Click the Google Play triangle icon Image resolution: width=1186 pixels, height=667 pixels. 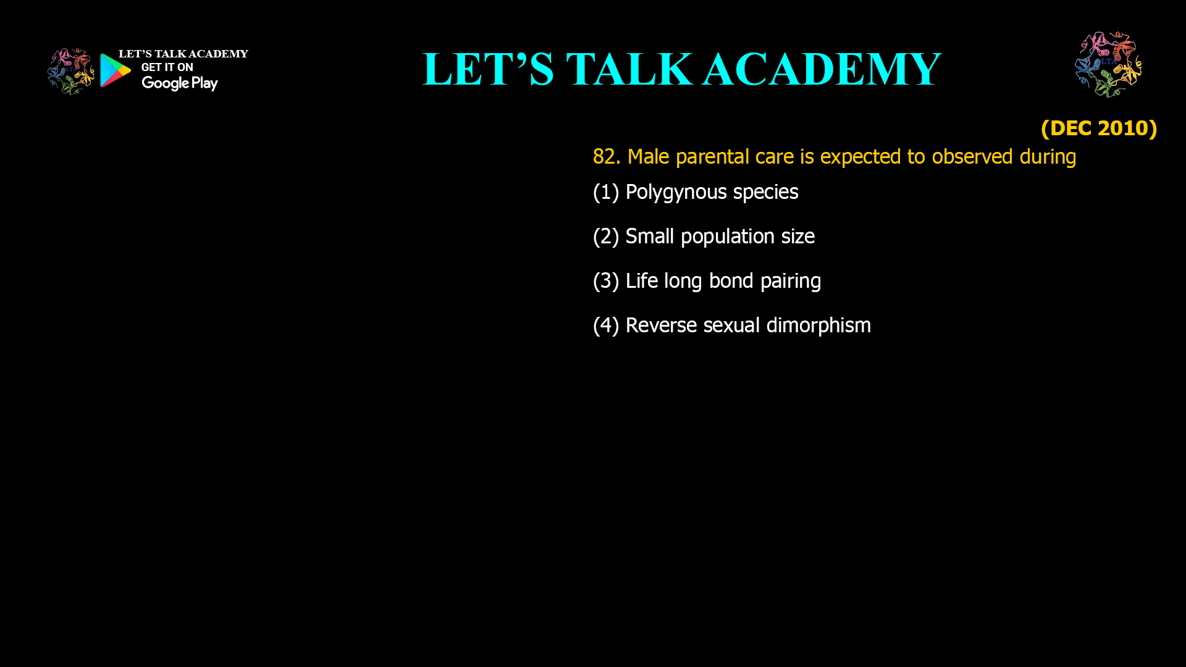click(x=115, y=70)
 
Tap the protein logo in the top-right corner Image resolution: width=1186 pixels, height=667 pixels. click(x=1108, y=64)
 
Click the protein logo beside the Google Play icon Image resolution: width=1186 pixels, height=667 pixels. click(x=71, y=72)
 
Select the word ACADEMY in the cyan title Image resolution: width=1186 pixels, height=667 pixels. click(x=822, y=69)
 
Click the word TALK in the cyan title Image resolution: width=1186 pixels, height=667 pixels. click(x=629, y=69)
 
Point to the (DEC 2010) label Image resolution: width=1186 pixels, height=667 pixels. click(x=1099, y=128)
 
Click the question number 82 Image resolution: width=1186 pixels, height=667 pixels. click(x=607, y=157)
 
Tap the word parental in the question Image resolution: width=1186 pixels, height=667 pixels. click(x=712, y=157)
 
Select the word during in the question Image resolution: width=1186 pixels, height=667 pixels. click(x=1048, y=157)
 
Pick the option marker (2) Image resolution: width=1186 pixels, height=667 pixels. click(x=606, y=237)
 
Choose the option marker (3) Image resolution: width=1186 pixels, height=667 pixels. click(x=606, y=281)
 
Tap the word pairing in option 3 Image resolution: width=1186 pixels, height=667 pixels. click(x=791, y=282)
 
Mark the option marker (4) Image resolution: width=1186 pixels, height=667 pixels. click(x=606, y=325)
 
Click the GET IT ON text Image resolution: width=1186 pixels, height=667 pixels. click(x=167, y=67)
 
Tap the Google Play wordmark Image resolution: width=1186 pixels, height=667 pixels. click(x=180, y=83)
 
